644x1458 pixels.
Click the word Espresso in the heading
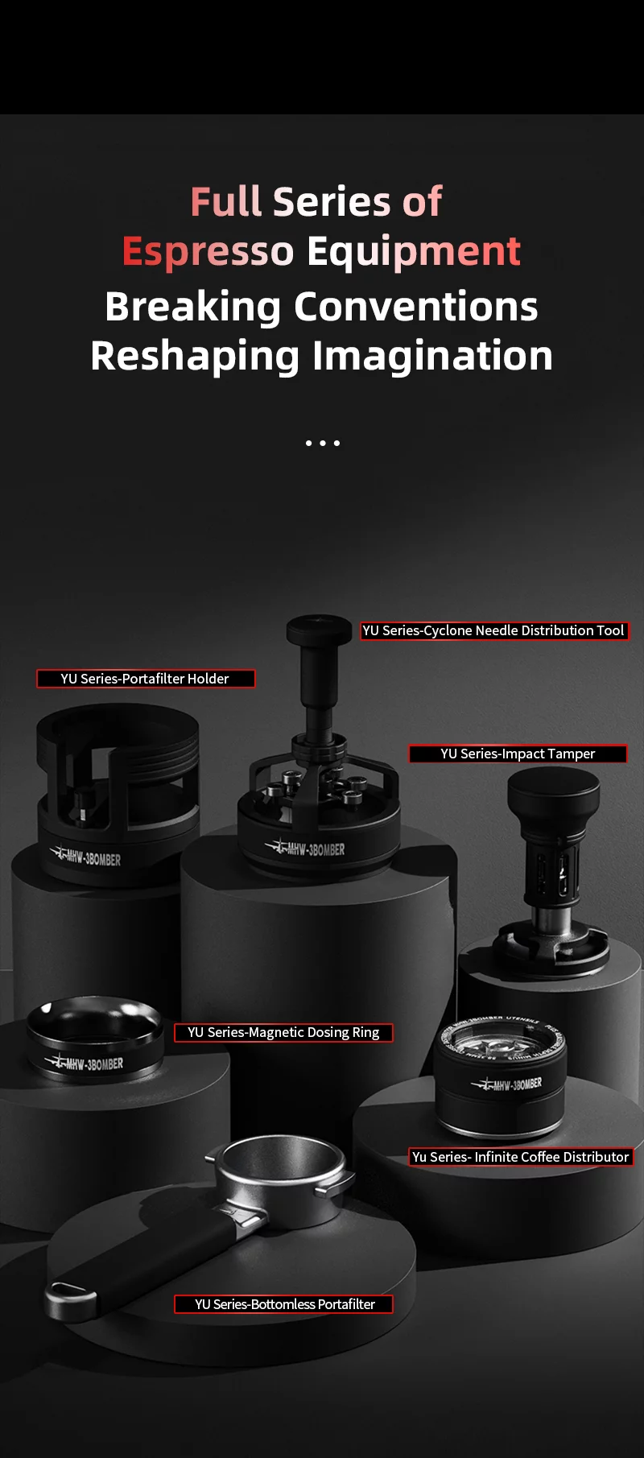[x=208, y=251]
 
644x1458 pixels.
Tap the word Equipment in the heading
[x=415, y=251]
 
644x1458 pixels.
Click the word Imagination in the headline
[x=432, y=356]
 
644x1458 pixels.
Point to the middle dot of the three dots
[x=322, y=443]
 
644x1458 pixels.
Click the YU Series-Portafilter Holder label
[x=146, y=679]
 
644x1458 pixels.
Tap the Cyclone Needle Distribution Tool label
[x=493, y=630]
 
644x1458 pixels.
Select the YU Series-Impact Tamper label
[x=518, y=754]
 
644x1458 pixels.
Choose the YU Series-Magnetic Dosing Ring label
[x=283, y=1032]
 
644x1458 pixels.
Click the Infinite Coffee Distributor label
[x=521, y=1157]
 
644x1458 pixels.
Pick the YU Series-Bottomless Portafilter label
[x=284, y=1303]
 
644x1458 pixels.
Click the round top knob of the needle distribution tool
[x=319, y=626]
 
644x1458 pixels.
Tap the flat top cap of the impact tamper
[x=553, y=782]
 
